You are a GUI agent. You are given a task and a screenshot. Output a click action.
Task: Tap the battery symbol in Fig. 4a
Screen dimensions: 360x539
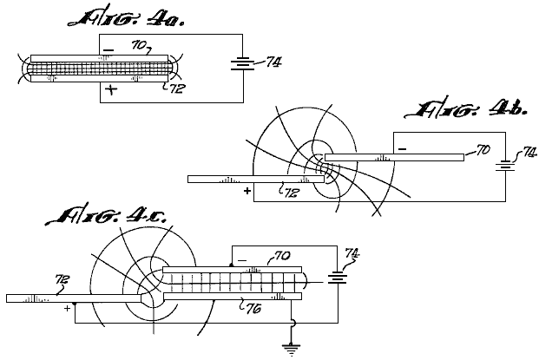(243, 63)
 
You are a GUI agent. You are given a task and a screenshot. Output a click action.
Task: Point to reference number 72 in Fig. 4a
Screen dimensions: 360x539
(176, 88)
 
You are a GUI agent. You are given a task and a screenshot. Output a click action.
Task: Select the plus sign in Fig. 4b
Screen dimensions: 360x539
(246, 189)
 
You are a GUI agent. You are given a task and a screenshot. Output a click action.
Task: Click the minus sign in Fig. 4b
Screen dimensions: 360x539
(404, 149)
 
